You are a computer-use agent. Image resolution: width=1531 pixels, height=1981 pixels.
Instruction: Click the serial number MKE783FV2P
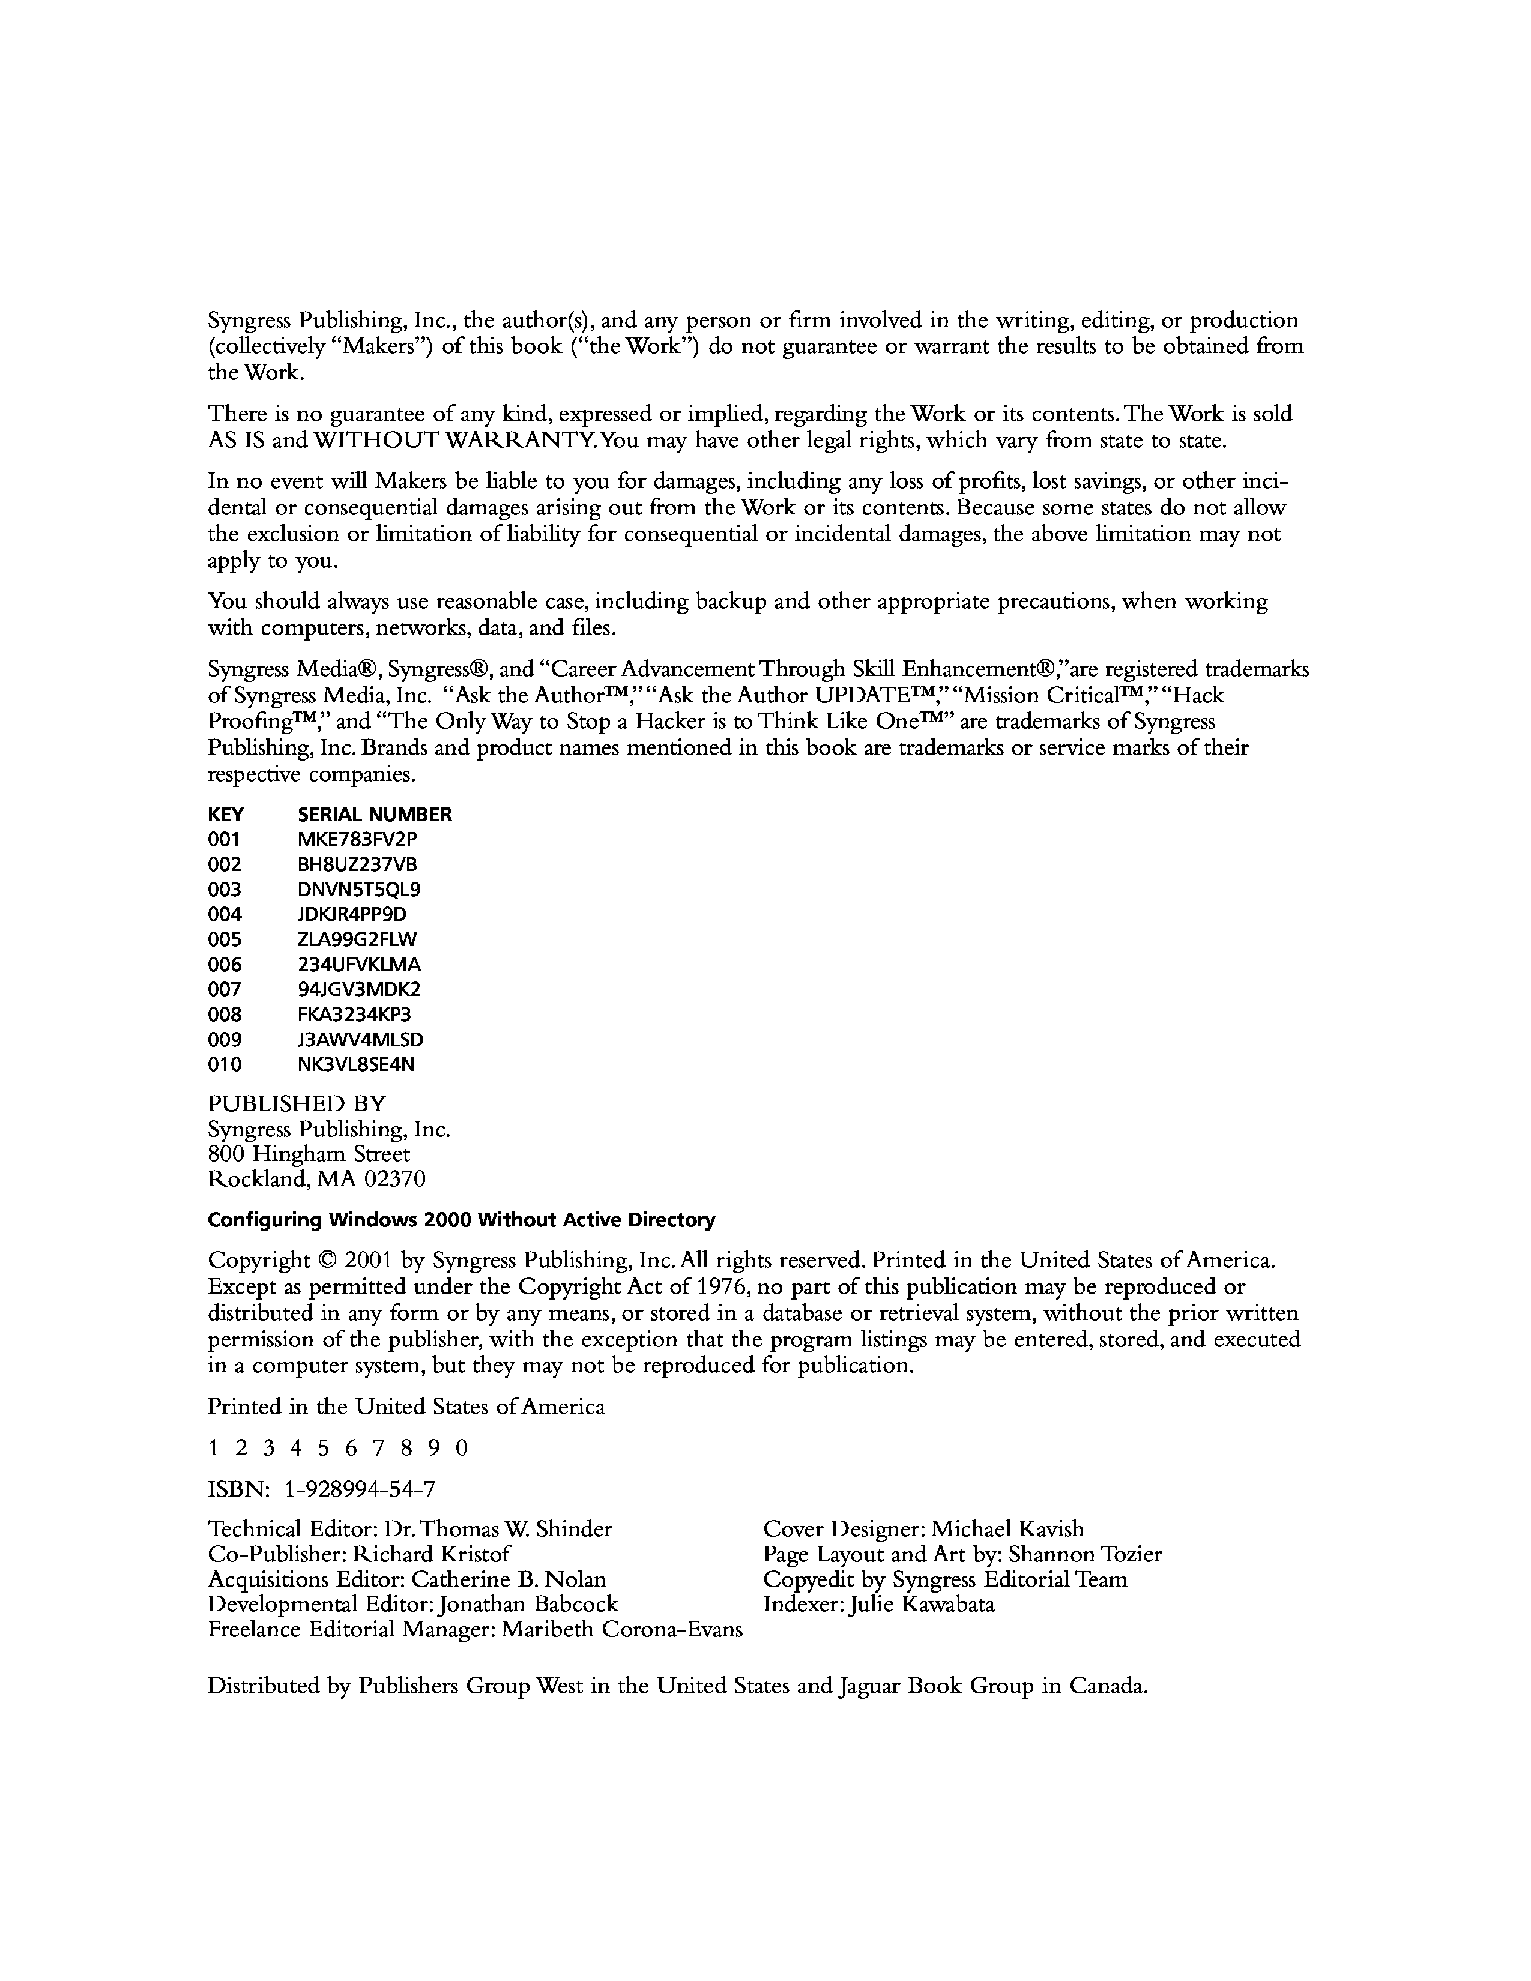click(357, 839)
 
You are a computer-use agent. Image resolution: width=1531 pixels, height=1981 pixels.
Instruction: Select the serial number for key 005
click(357, 939)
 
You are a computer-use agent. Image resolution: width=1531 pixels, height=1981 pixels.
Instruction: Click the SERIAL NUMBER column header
click(375, 815)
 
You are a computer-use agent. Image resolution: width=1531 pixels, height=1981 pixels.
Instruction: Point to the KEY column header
click(226, 815)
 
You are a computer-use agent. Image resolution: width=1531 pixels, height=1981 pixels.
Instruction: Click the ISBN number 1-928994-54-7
click(360, 1489)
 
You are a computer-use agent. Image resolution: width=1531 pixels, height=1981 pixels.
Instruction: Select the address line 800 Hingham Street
click(309, 1154)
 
